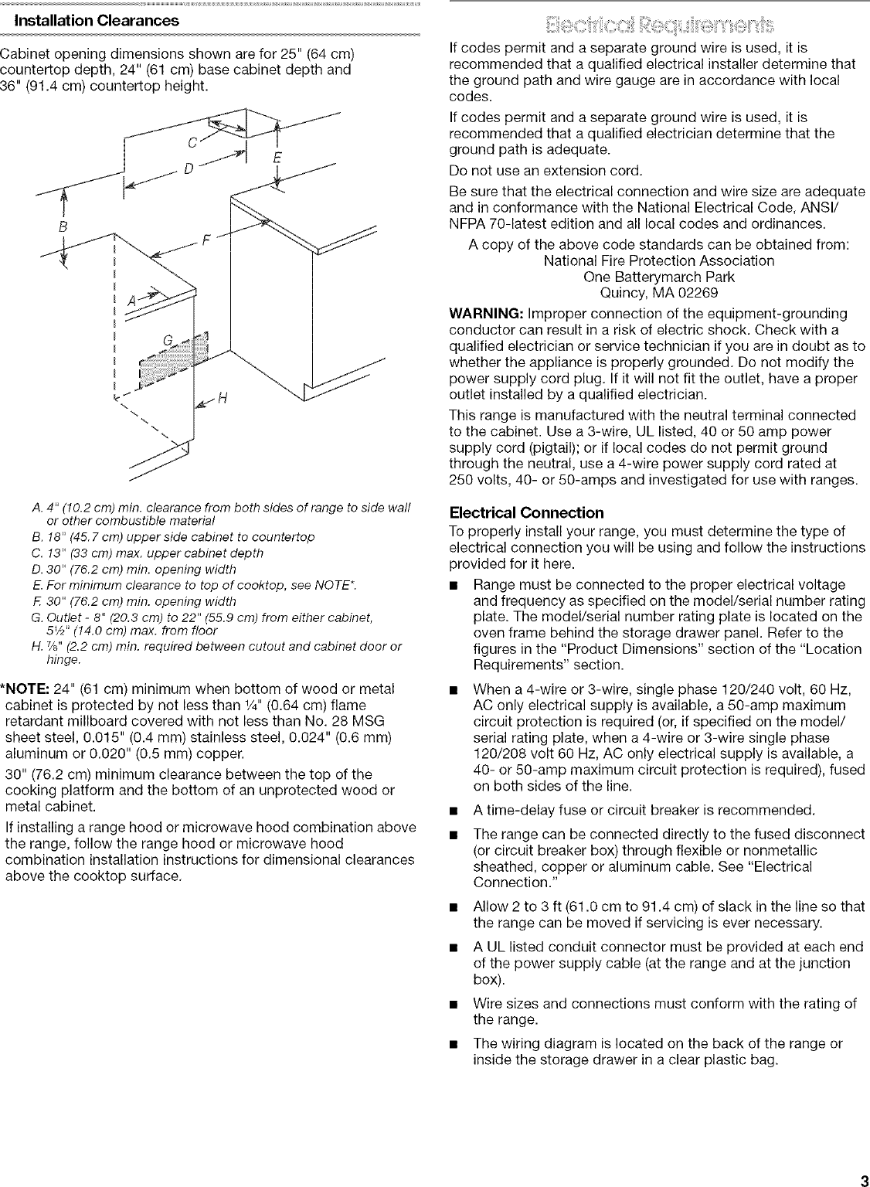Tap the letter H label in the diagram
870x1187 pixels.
coord(223,399)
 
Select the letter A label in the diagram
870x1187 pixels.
coord(131,301)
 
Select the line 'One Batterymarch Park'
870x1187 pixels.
coord(658,277)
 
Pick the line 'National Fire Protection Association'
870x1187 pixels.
coord(658,260)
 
